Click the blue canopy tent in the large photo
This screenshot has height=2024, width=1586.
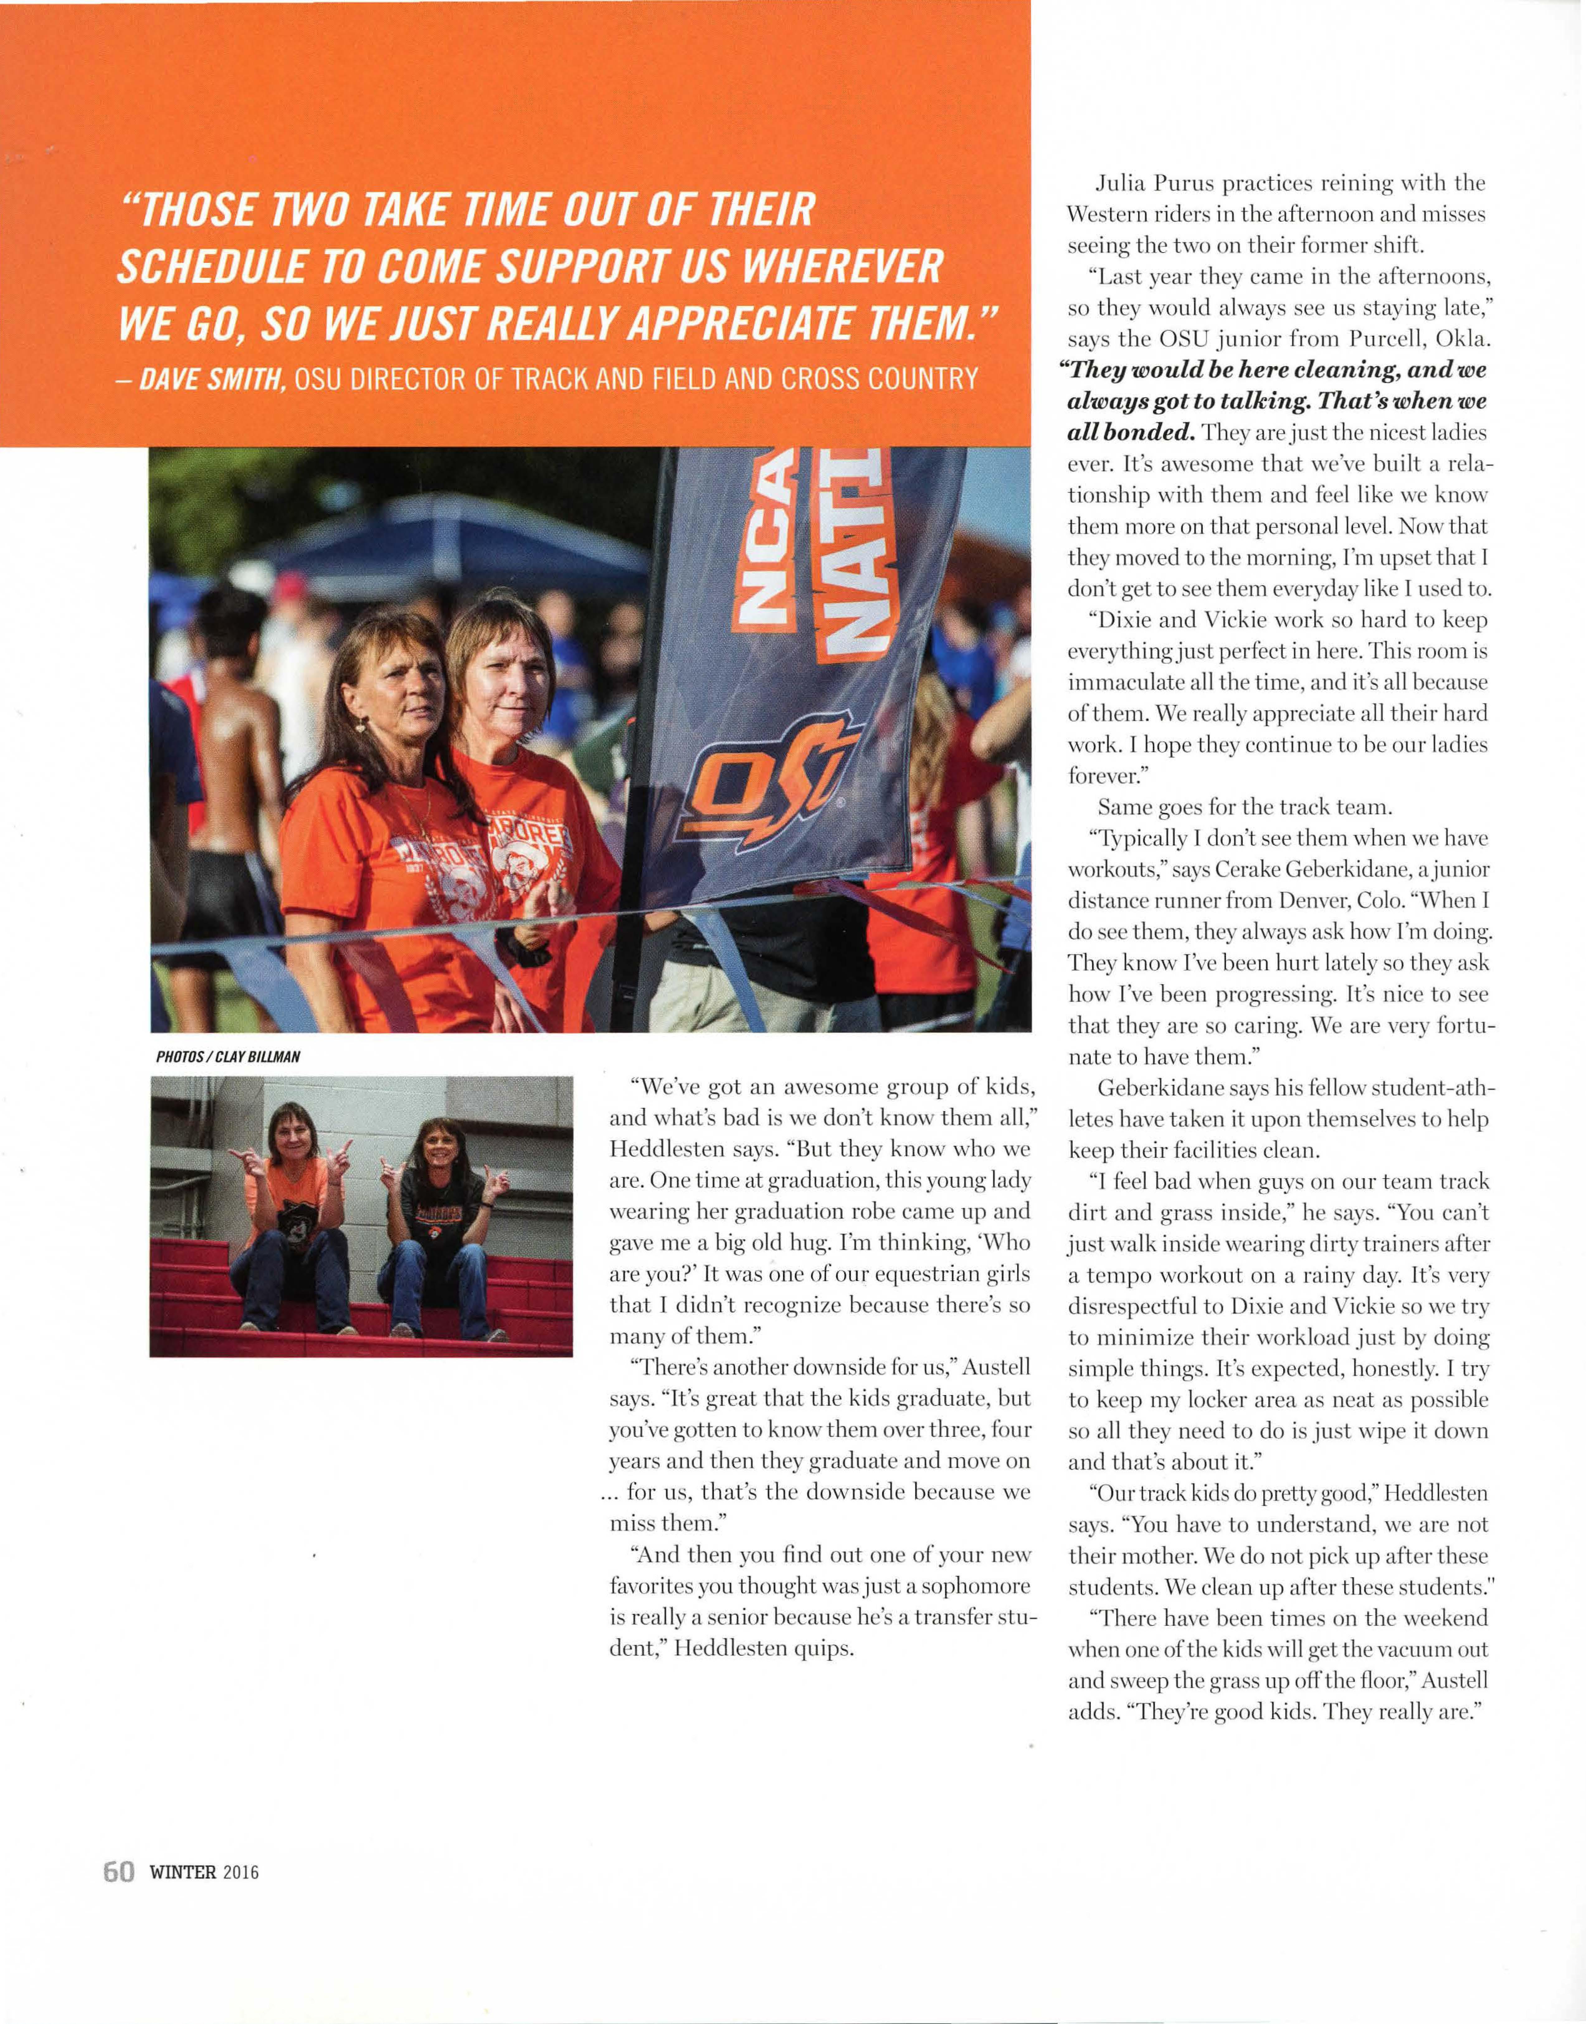(446, 538)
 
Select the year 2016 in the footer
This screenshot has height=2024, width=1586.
(240, 1873)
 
